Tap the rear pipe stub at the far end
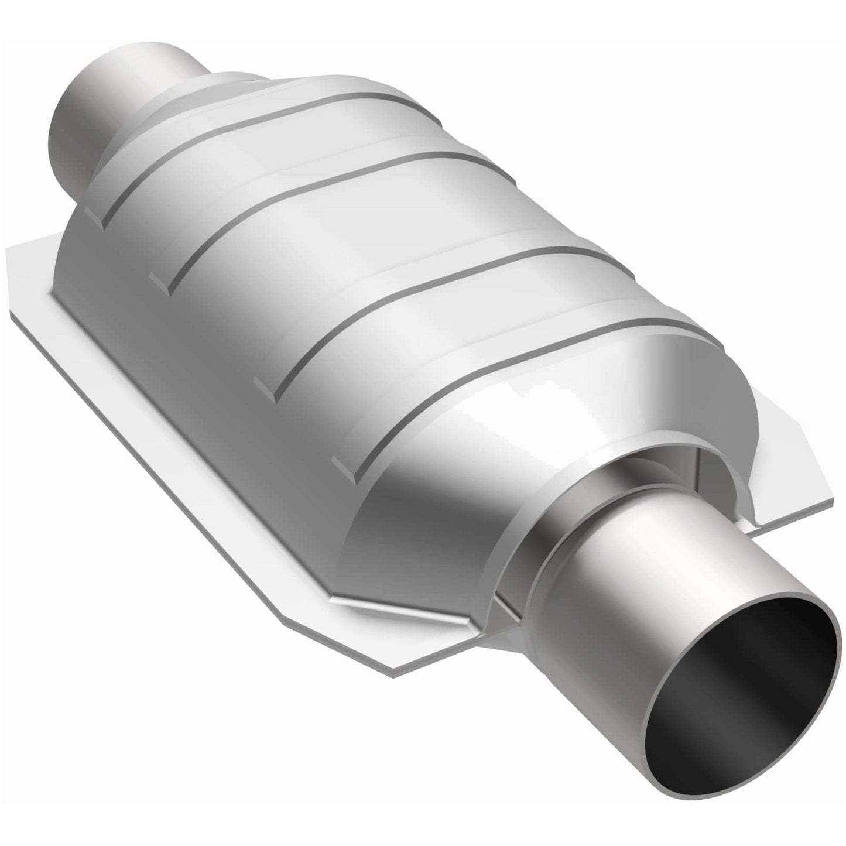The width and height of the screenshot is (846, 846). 126,88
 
